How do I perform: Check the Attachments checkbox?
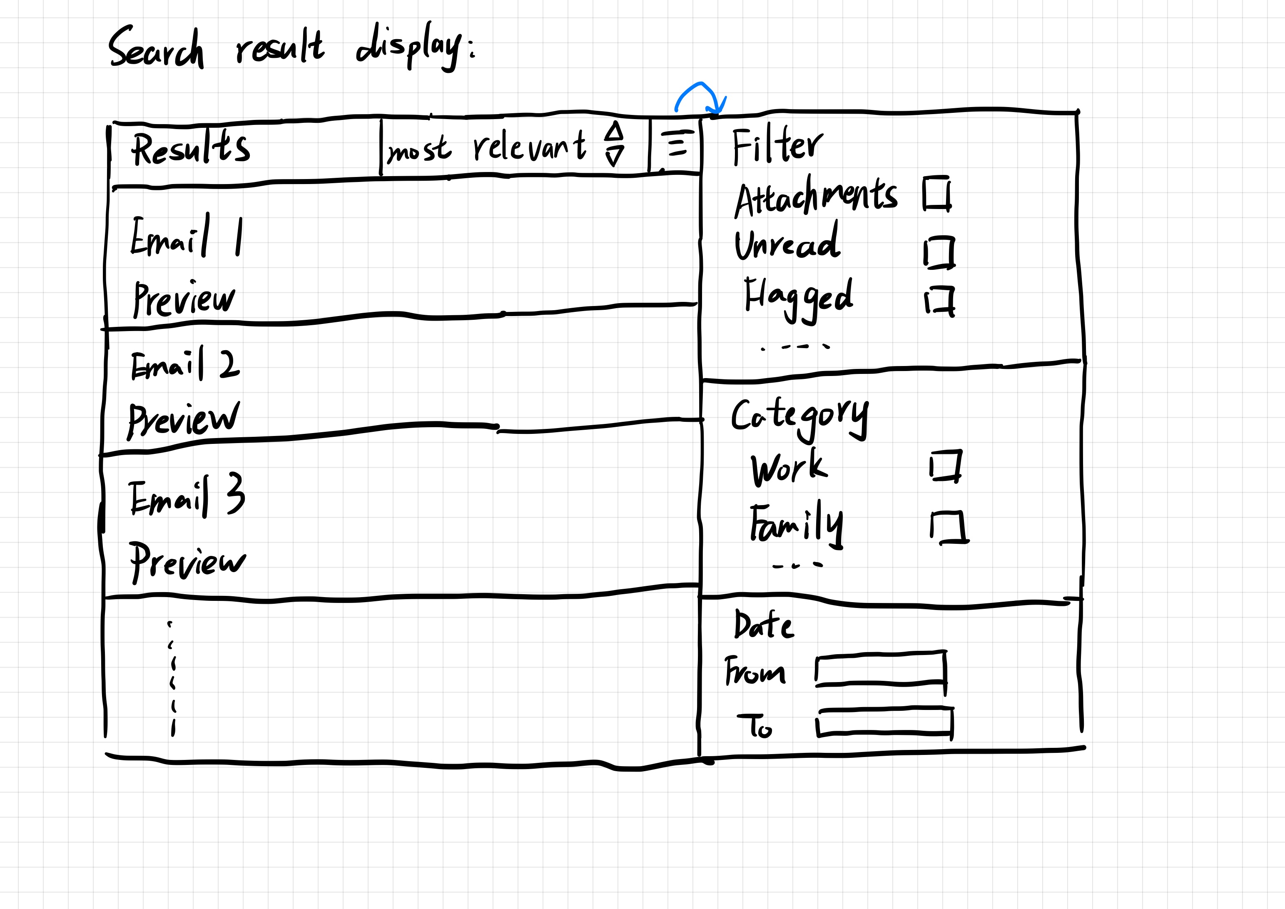(x=936, y=194)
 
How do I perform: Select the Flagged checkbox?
(x=940, y=301)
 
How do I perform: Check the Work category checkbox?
(x=946, y=466)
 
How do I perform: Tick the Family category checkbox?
(x=948, y=527)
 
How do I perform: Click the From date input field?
(x=880, y=668)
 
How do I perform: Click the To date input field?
(x=884, y=722)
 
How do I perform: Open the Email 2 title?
(x=185, y=364)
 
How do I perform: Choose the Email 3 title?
(x=187, y=496)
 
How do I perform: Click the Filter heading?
(x=777, y=147)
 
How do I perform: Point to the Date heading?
(x=763, y=625)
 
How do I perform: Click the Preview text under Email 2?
(x=184, y=420)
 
